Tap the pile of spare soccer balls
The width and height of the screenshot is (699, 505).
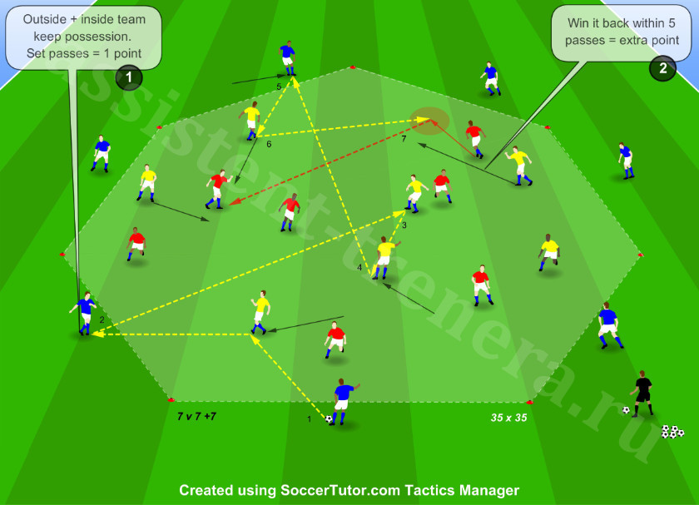tap(672, 432)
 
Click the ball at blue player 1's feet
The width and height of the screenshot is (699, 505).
tap(329, 419)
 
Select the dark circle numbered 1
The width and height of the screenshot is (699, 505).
tap(129, 77)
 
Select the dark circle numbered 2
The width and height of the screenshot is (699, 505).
tap(663, 68)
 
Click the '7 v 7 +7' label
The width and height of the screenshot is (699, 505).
tap(196, 416)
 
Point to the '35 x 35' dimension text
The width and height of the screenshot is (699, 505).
tap(508, 418)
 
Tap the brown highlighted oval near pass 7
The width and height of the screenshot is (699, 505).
tap(429, 121)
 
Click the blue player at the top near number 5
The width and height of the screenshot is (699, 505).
tap(288, 58)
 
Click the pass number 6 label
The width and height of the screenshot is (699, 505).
tap(269, 144)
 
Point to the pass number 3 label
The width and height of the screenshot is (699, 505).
tap(404, 225)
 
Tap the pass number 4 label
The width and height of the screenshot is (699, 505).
tap(359, 267)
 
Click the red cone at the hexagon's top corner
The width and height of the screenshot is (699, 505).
tap(353, 67)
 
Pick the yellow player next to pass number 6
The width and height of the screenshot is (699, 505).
tap(251, 121)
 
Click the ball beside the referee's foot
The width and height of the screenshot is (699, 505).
tap(626, 410)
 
